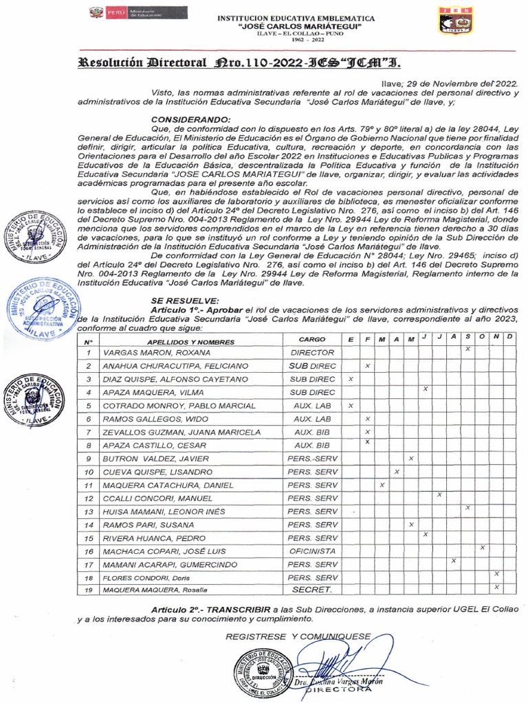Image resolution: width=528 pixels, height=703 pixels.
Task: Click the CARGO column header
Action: tap(313, 340)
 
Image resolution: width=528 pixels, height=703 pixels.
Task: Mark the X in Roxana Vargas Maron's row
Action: tap(467, 349)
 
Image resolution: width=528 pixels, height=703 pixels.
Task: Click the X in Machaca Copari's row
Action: tap(483, 547)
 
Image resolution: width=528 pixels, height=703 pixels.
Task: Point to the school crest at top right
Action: tap(455, 19)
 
